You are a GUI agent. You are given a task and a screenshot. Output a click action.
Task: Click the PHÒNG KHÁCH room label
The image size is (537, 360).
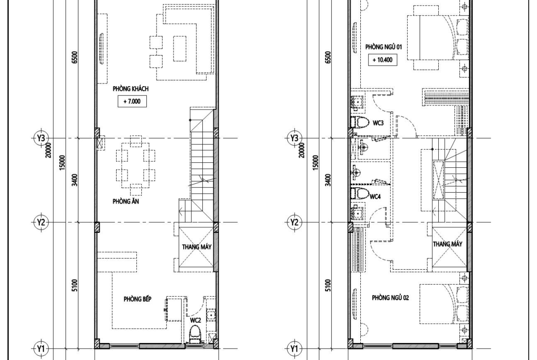[x=130, y=89]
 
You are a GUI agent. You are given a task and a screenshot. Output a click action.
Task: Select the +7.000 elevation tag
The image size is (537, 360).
[x=132, y=101]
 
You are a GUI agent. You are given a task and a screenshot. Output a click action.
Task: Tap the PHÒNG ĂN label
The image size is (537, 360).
[x=126, y=201]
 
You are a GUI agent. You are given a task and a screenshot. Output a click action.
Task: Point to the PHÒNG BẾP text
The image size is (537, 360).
[x=137, y=299]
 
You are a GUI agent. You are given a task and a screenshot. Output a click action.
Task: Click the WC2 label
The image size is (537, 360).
[x=196, y=320]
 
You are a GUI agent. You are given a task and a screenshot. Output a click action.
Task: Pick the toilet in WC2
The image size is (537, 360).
[x=195, y=334]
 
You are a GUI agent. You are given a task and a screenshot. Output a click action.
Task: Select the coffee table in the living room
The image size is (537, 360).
[x=180, y=48]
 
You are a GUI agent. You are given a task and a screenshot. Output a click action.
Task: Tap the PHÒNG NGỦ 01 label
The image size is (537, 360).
[x=384, y=46]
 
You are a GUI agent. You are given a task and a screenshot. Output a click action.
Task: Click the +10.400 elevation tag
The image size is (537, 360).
[x=382, y=60]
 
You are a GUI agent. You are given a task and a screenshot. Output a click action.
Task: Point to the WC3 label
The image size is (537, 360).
[x=378, y=123]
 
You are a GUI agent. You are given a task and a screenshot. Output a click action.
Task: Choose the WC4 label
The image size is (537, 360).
[x=375, y=196]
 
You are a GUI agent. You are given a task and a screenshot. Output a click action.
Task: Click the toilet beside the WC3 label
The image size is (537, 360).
[x=359, y=122]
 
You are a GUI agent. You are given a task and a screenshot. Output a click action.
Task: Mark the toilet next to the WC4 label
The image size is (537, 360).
[x=359, y=193]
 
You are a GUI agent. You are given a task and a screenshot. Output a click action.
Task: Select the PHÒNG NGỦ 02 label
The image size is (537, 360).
[x=391, y=298]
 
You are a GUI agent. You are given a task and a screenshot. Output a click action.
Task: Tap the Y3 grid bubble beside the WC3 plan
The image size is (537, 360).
[x=294, y=138]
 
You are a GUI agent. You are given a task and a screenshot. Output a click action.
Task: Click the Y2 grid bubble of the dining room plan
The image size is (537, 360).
[x=41, y=222]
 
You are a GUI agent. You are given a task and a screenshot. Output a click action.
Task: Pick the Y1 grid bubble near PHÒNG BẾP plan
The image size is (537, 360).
[x=41, y=349]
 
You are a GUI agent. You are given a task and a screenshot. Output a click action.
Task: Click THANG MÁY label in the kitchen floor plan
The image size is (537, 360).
[x=196, y=247]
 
